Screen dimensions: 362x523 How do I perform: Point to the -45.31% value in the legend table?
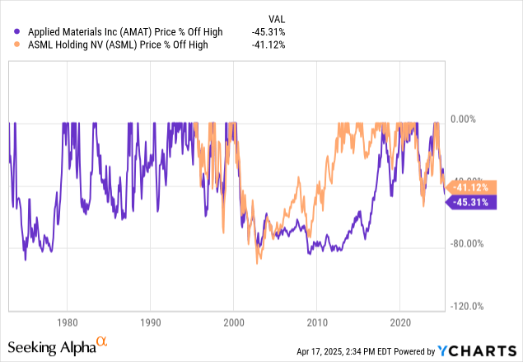(x=269, y=32)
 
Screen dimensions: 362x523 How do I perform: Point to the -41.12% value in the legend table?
(x=269, y=45)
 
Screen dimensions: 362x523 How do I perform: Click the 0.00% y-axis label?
(x=467, y=118)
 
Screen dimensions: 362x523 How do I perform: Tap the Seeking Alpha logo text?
(x=51, y=347)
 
